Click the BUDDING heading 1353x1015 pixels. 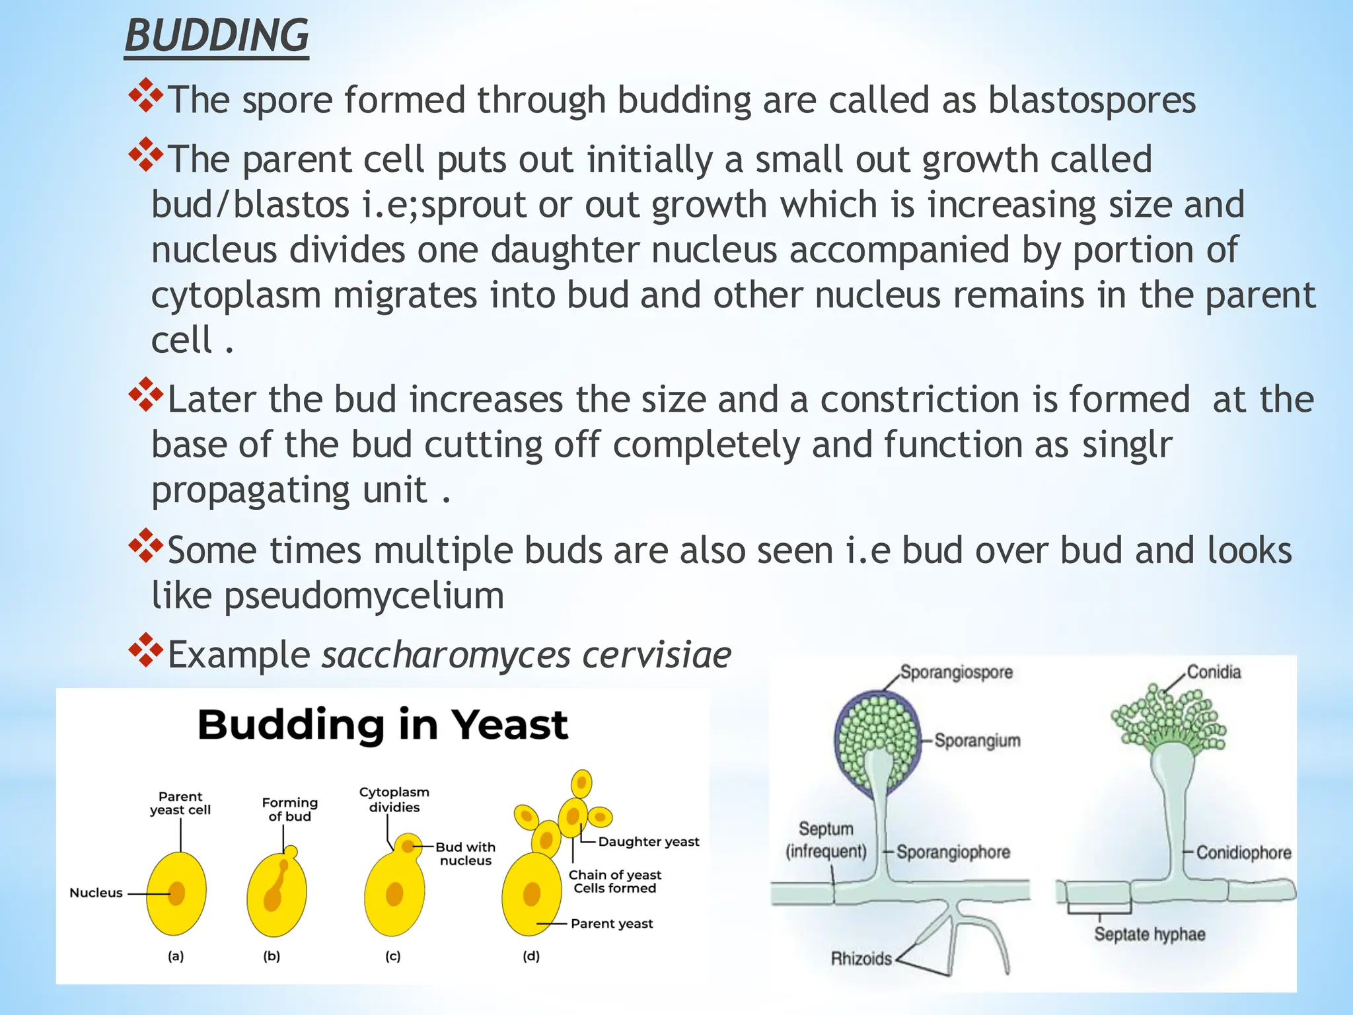pos(217,36)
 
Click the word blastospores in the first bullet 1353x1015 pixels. pos(1091,100)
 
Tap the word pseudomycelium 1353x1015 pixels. pos(364,596)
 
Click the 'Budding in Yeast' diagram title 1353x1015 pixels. pos(383,725)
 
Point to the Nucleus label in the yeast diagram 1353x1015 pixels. pos(96,893)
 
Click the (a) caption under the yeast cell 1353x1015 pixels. pos(176,956)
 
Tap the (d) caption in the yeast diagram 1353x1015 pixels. pos(531,956)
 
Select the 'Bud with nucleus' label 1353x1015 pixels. pos(466,853)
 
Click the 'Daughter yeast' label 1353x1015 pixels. pos(648,842)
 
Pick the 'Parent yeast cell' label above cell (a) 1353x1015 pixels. pos(180,803)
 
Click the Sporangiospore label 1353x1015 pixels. pos(956,673)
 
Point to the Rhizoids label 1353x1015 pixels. pos(861,958)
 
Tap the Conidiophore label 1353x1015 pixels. pos(1243,852)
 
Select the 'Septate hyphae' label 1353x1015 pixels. pos(1150,934)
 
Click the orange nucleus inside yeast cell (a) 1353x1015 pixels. pos(176,893)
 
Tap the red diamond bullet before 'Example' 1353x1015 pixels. pos(145,650)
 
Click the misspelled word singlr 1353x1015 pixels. pos(1127,445)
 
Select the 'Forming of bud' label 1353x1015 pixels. pos(289,809)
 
